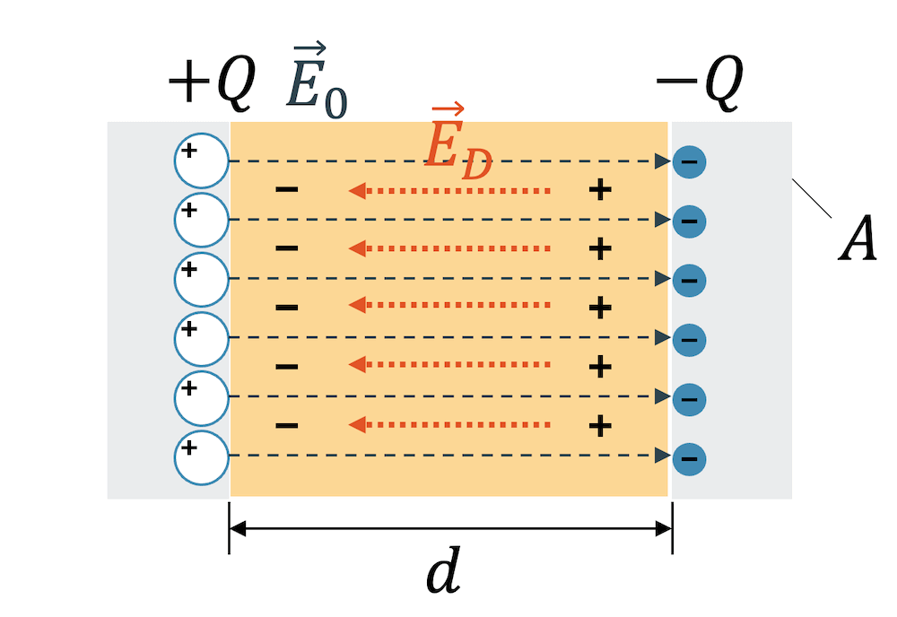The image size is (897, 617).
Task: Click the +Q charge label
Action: (x=212, y=85)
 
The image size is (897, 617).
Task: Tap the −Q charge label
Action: (x=701, y=85)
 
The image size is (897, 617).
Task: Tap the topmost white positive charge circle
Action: (x=202, y=161)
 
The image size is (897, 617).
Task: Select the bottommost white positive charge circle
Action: (x=202, y=456)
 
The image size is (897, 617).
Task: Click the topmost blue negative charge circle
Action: (x=689, y=162)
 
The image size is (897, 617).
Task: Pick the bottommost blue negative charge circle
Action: (x=689, y=458)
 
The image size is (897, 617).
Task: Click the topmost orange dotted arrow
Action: (x=448, y=190)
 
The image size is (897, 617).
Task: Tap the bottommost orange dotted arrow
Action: (x=448, y=424)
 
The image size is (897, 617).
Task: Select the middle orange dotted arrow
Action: (x=448, y=306)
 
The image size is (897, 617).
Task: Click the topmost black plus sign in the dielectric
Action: (x=600, y=189)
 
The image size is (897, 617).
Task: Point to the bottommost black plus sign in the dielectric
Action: (x=600, y=424)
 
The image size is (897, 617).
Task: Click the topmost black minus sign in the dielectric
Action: (x=286, y=189)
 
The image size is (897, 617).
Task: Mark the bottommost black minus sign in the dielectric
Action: (x=286, y=424)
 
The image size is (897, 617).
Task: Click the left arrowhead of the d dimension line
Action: (x=238, y=529)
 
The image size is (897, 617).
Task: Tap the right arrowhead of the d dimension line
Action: (x=665, y=529)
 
